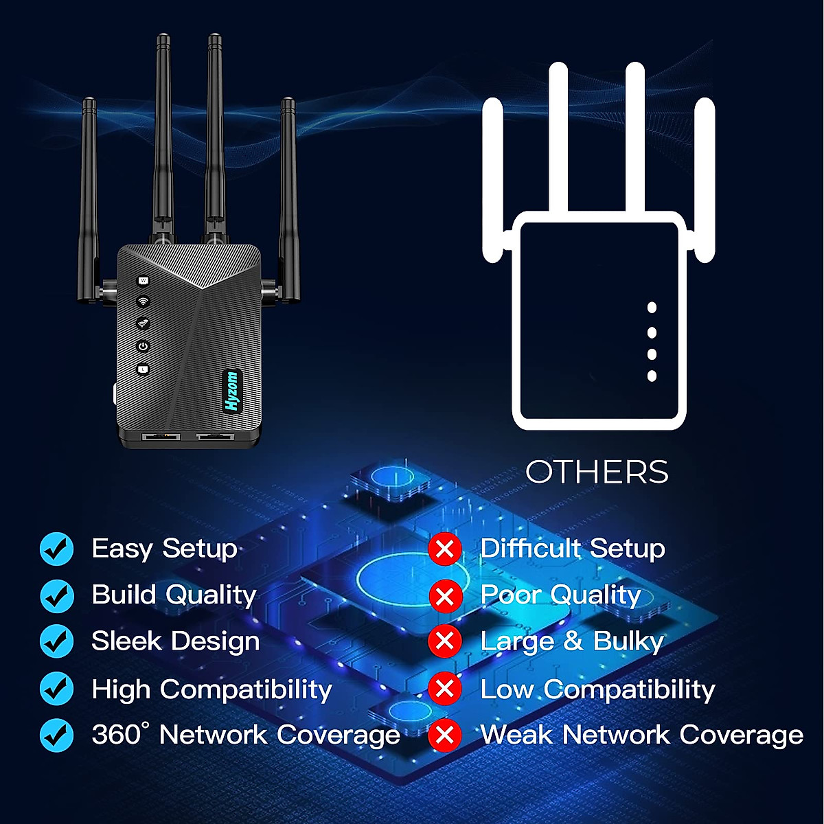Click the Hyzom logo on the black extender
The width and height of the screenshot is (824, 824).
232,391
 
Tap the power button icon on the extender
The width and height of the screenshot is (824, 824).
144,346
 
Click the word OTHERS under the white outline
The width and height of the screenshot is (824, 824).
597,472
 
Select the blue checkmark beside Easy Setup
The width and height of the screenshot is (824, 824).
56,549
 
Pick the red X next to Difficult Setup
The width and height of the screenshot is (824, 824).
445,549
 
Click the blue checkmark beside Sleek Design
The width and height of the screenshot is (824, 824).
56,641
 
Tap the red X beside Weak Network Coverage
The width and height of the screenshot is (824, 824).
445,735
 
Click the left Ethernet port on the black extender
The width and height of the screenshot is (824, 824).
161,437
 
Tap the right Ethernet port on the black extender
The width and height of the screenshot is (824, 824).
215,437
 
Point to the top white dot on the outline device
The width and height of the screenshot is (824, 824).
652,308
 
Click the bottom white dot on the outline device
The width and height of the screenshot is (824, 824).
652,376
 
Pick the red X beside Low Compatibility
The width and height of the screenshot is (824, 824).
445,689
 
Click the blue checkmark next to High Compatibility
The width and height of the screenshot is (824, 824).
56,689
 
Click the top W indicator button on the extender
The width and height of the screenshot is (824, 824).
144,281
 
